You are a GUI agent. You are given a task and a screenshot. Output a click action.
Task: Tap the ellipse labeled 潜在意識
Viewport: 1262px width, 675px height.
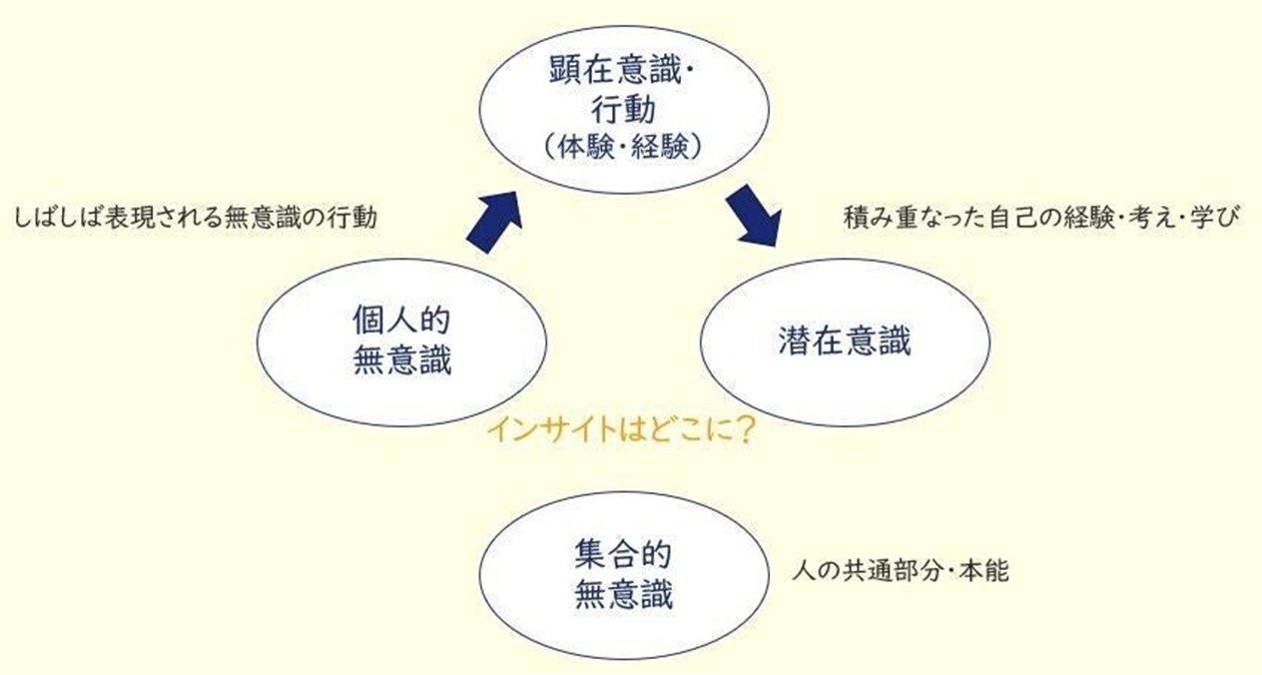(x=845, y=342)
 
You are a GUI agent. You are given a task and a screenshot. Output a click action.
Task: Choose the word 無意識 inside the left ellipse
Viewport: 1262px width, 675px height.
(x=402, y=361)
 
